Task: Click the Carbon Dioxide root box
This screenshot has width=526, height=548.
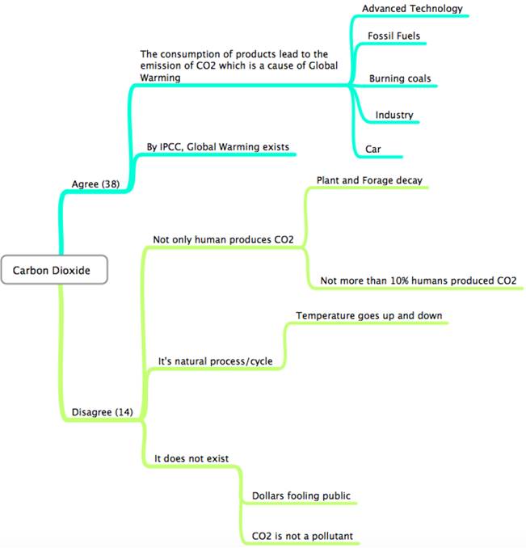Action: [54, 271]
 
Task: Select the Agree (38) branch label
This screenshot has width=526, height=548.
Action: [96, 183]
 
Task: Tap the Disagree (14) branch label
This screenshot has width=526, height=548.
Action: [102, 412]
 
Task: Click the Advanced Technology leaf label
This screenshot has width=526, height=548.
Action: [412, 9]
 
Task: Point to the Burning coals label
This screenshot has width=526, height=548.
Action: [400, 78]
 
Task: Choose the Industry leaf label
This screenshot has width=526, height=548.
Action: [394, 115]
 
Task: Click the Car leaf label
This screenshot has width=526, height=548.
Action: [373, 149]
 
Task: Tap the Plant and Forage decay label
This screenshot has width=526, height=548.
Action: [369, 179]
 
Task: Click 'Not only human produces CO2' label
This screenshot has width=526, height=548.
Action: [223, 239]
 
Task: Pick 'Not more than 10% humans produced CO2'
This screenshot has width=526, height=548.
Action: [418, 280]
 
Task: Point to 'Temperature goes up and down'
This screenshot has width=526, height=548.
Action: [368, 315]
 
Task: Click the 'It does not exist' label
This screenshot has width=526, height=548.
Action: [191, 459]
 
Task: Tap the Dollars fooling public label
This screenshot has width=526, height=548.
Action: [301, 495]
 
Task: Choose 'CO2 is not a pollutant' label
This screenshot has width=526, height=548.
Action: [302, 536]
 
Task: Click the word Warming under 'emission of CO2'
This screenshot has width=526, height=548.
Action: [161, 78]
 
